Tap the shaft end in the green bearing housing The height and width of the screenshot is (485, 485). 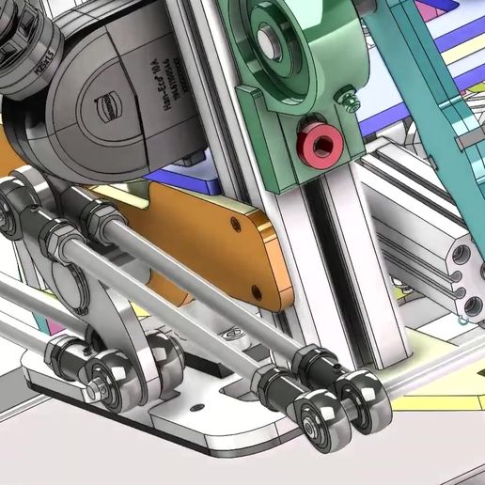[x=270, y=39]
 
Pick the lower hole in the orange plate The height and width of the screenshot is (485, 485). [x=257, y=292]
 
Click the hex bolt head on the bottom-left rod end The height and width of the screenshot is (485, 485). [x=99, y=385]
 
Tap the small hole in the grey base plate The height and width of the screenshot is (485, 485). [x=198, y=408]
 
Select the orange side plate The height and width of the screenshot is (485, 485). [x=216, y=244]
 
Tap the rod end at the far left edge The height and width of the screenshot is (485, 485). [x=11, y=207]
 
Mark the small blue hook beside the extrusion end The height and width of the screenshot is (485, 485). [x=463, y=320]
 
